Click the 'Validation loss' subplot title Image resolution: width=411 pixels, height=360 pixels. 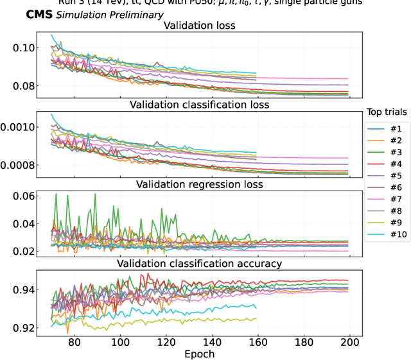(x=199, y=26)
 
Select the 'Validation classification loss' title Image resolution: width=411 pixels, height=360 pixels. (x=199, y=104)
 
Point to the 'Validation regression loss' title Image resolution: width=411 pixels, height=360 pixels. (x=199, y=185)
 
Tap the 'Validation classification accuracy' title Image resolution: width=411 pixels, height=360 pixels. (x=199, y=263)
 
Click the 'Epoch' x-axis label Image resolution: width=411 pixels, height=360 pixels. (x=199, y=354)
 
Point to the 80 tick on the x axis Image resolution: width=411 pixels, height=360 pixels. (x=74, y=343)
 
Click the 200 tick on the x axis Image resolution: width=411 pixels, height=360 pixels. (x=349, y=343)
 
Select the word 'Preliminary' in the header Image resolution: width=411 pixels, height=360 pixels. (x=136, y=15)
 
